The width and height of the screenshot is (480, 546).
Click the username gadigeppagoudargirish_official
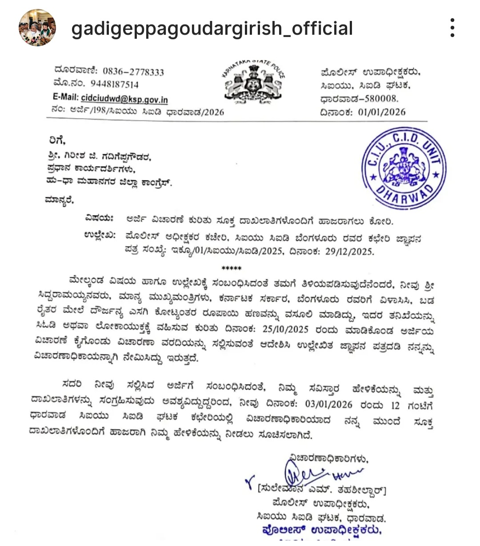pyautogui.click(x=212, y=28)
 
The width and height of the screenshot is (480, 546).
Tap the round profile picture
pyautogui.click(x=37, y=28)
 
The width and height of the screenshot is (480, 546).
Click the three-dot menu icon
pyautogui.click(x=452, y=28)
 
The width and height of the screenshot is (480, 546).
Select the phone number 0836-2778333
pyautogui.click(x=133, y=72)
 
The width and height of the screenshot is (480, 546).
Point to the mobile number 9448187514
pyautogui.click(x=115, y=85)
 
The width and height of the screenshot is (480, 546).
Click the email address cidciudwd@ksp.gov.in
pyautogui.click(x=124, y=98)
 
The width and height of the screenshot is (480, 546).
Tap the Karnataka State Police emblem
pyautogui.click(x=253, y=81)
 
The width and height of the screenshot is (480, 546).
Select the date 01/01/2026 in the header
pyautogui.click(x=382, y=112)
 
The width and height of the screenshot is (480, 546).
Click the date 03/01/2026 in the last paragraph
pyautogui.click(x=328, y=405)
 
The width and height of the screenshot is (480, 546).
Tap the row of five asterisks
pyautogui.click(x=232, y=268)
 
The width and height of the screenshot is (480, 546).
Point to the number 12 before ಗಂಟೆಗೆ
pyautogui.click(x=395, y=405)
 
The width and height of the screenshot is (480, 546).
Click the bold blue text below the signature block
pyautogui.click(x=322, y=530)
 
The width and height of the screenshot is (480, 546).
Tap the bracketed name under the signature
pyautogui.click(x=322, y=491)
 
